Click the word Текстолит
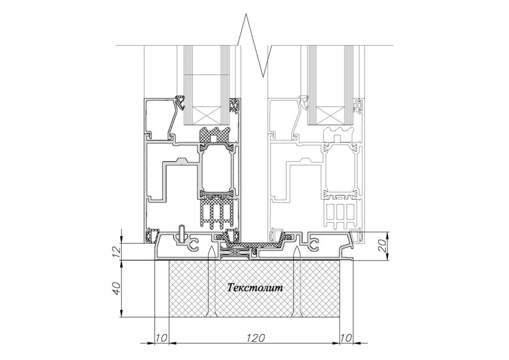(x=255, y=287)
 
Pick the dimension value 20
(x=383, y=246)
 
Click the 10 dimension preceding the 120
(x=161, y=338)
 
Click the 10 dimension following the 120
(x=346, y=338)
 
